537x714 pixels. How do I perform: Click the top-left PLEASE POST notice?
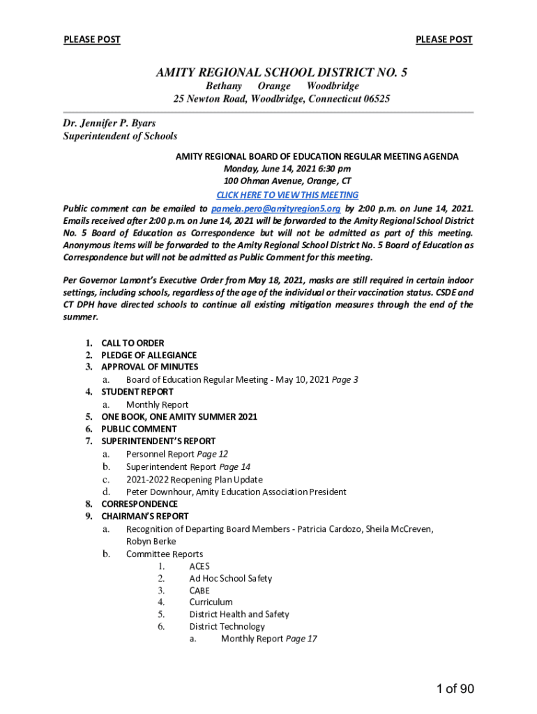[x=92, y=40]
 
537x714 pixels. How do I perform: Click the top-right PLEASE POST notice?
[x=444, y=40]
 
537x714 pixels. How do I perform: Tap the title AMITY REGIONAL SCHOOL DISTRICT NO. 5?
[x=282, y=72]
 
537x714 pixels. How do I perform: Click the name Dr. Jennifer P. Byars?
[x=109, y=123]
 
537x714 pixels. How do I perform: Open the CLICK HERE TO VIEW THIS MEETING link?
[x=287, y=195]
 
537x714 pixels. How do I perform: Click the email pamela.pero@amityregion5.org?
[x=276, y=208]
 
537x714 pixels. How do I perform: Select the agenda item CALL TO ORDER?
[x=133, y=343]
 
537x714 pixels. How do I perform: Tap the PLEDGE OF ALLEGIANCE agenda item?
[x=149, y=355]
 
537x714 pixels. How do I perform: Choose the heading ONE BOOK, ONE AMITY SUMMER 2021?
[x=179, y=417]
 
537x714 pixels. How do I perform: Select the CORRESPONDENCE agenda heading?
[x=139, y=503]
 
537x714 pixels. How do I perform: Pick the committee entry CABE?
[x=199, y=591]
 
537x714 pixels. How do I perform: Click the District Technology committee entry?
[x=227, y=626]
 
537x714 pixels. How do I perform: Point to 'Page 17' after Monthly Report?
[x=301, y=639]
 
